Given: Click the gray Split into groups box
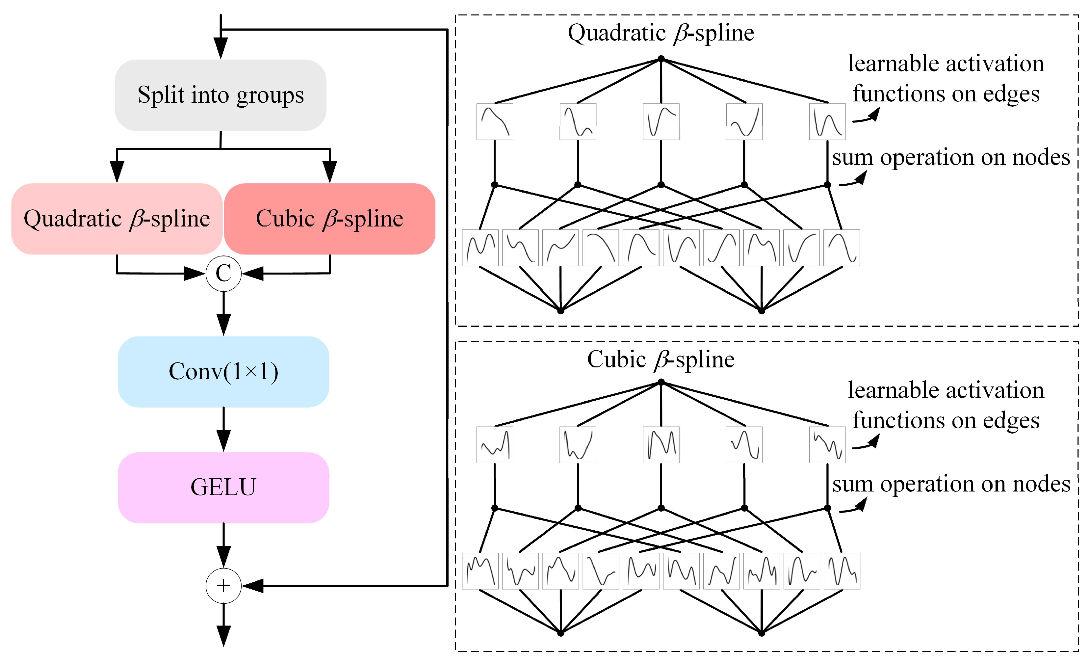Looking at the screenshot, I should pos(220,95).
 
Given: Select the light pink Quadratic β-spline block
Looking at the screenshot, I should pos(117,219).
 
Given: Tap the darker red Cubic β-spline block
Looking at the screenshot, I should pos(330,219).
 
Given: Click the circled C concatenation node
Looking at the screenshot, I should pos(224,273).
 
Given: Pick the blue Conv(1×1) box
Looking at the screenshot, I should pos(224,372).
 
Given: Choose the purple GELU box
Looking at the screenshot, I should pos(224,488).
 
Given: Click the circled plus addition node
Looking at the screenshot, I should pos(224,586).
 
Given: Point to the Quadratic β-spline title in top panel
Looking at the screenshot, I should pos(661,33).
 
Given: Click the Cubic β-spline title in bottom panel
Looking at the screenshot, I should pos(661,359).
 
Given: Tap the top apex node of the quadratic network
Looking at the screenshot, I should pos(661,59).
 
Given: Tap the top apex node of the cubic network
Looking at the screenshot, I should pos(661,382).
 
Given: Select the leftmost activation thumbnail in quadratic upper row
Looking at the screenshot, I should pos(495,122).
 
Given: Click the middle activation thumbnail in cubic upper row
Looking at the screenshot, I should pos(661,445).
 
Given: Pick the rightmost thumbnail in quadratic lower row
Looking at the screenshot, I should pos(842,248).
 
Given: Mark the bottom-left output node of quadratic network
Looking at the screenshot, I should pos(560,311).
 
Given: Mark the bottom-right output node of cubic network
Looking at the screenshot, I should pos(762,633).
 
